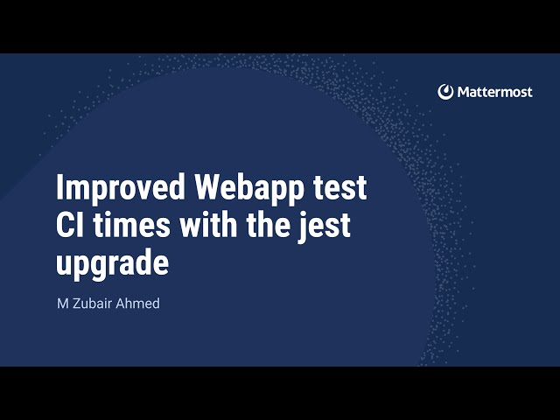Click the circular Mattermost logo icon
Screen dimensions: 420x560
pos(446,92)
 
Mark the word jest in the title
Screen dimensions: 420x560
pos(325,226)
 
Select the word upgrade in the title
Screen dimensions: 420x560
pos(112,262)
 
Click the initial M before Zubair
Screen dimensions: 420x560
pos(62,304)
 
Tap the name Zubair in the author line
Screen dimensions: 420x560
pos(91,304)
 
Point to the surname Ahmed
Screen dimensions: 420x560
pos(138,304)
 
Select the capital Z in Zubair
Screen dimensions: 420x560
pos(76,304)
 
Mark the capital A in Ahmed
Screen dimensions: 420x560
pos(122,304)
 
